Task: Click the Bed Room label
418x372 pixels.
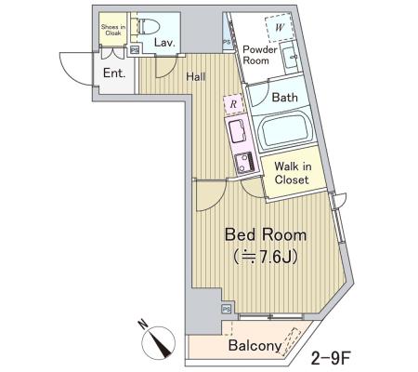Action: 266,234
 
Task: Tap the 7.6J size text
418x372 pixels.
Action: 266,257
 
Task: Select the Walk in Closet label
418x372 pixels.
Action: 292,173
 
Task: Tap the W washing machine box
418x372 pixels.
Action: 280,28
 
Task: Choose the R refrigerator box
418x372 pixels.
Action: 233,104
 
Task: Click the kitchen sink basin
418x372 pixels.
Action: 238,130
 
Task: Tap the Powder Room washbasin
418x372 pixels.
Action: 291,59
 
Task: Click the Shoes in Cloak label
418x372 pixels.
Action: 113,30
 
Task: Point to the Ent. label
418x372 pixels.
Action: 114,73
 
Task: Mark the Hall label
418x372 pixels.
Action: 195,76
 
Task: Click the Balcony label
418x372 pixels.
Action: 255,345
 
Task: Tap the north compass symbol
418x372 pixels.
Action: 158,343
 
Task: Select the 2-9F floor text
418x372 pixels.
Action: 330,358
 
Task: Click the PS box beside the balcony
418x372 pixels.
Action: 227,309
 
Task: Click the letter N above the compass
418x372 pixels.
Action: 143,325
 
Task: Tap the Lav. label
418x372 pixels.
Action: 164,43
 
